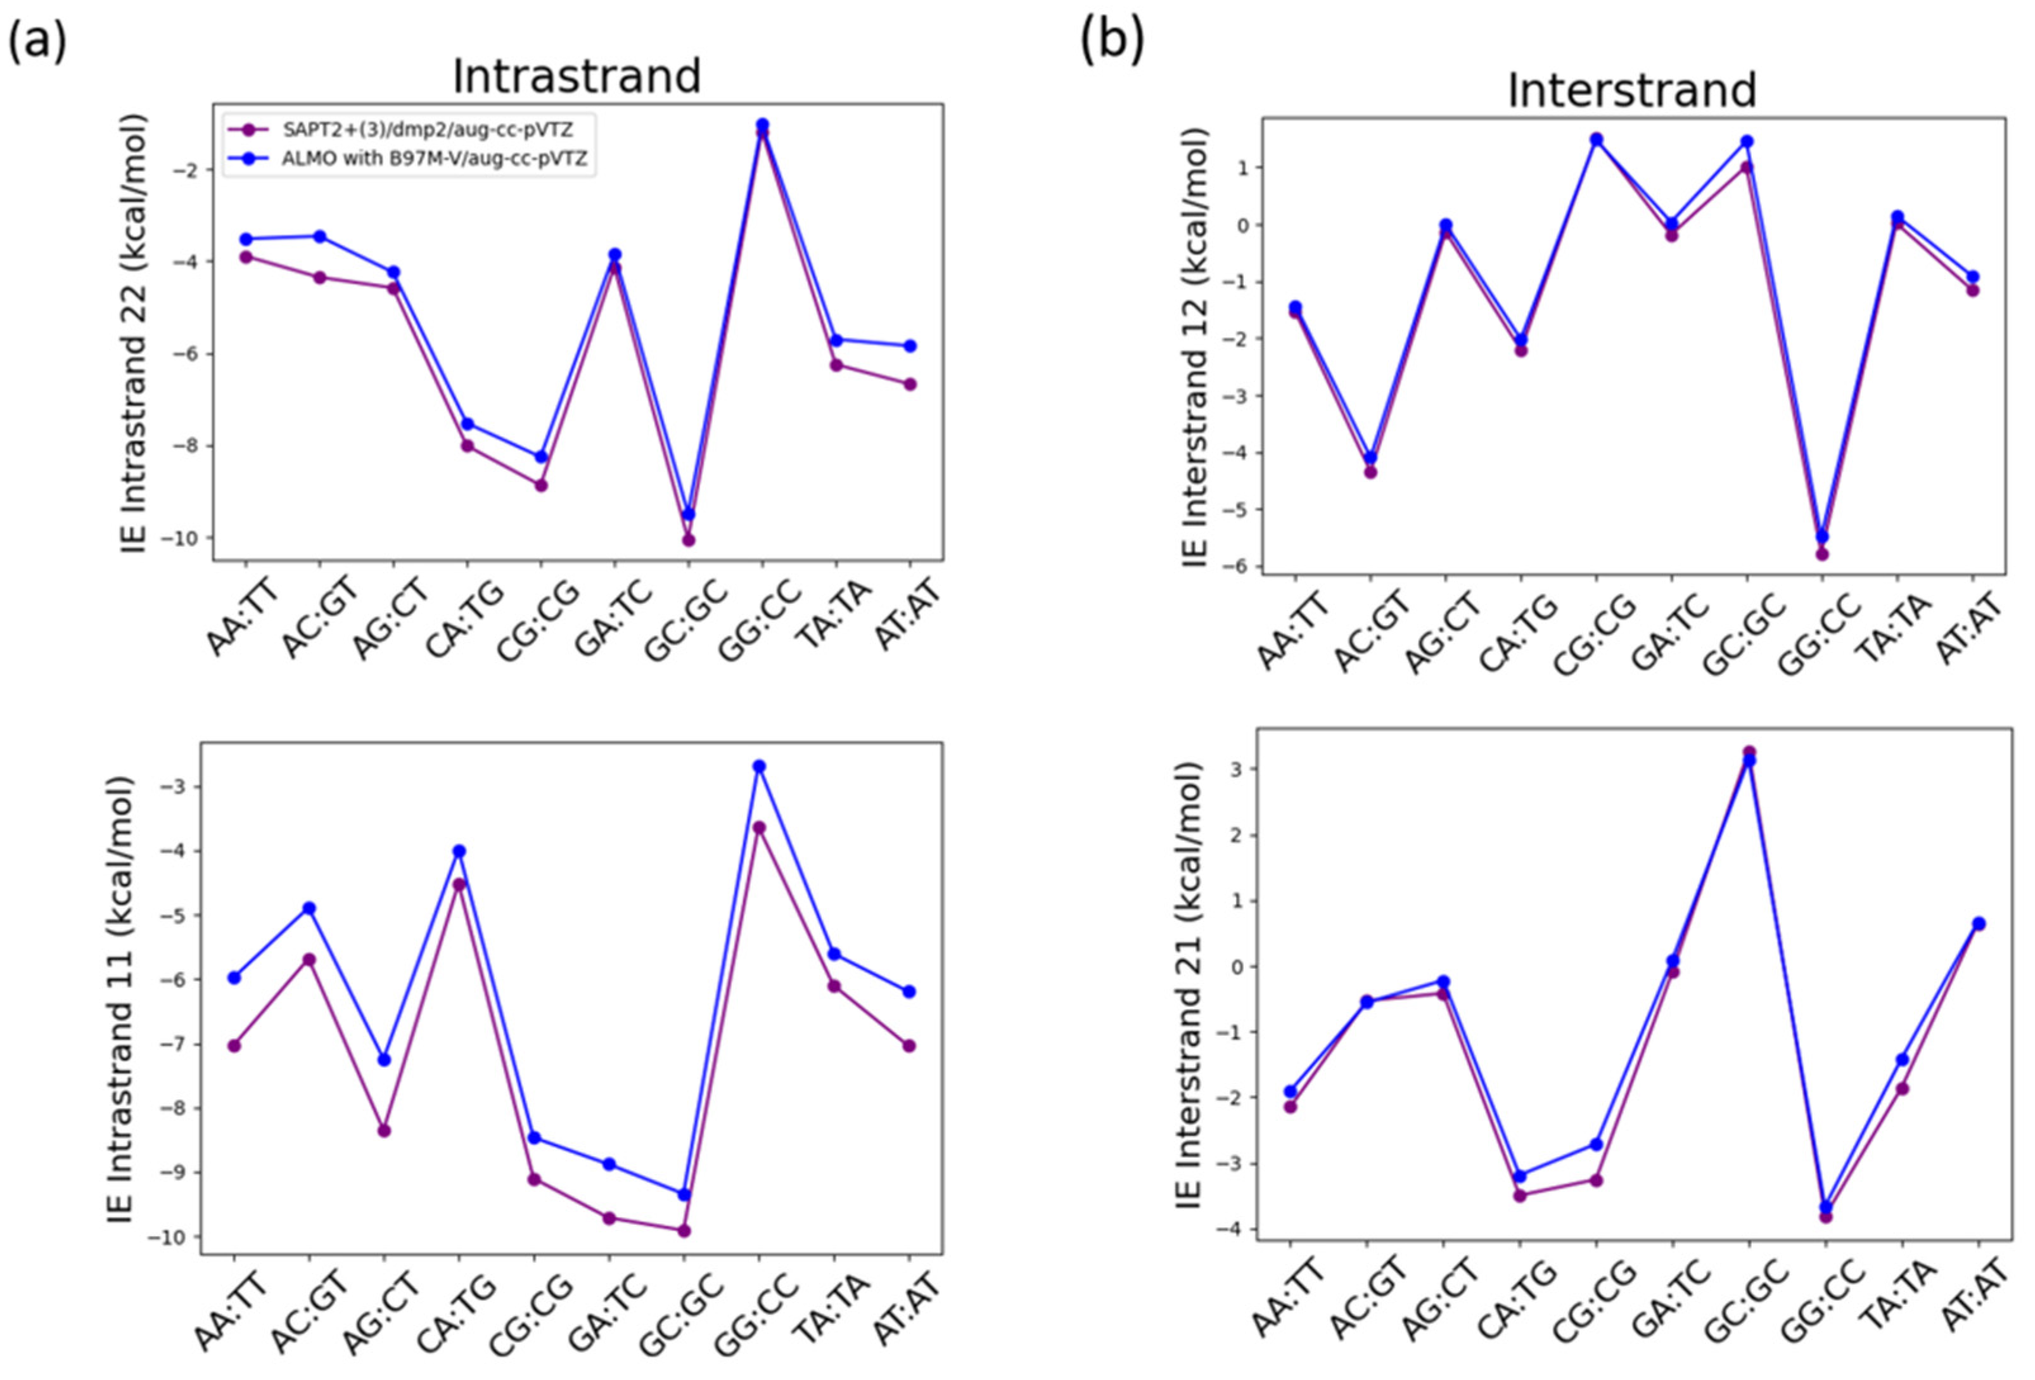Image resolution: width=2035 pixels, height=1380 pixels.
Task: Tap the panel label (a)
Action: click(x=37, y=42)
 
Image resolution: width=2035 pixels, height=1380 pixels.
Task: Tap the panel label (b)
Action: click(x=1111, y=42)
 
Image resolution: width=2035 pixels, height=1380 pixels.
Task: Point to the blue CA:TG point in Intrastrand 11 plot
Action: click(x=459, y=850)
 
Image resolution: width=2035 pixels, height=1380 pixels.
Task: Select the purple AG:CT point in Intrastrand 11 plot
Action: click(x=383, y=1130)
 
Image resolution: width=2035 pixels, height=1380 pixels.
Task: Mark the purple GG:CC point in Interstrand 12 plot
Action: click(x=1822, y=553)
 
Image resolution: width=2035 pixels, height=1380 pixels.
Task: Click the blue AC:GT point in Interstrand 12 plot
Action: click(x=1370, y=457)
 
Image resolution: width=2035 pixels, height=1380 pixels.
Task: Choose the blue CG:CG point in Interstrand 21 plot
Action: click(x=1595, y=1144)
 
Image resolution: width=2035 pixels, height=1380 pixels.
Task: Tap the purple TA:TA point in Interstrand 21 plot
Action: click(x=1902, y=1089)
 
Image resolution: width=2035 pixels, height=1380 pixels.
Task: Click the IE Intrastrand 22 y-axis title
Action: click(x=133, y=333)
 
